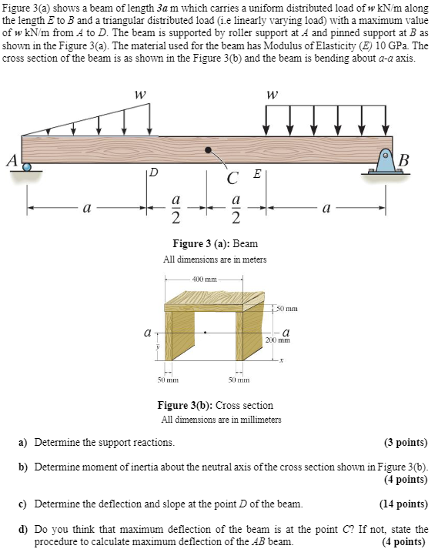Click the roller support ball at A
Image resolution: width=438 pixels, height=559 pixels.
pos(27,166)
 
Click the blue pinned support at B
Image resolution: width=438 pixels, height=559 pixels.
pos(386,162)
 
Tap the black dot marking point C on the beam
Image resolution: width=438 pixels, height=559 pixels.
pos(208,150)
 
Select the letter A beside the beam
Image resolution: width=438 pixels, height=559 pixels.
pos(12,160)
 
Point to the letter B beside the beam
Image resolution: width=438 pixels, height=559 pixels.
pos(403,161)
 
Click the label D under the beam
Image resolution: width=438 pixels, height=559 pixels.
pos(153,173)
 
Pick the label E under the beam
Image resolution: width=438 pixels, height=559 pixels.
pos(257,174)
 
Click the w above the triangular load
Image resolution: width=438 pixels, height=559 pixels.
pos(139,95)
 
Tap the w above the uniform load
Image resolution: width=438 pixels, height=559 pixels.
pos(272,95)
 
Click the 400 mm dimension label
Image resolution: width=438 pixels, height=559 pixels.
pos(204,279)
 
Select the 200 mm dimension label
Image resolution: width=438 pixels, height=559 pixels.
pos(278,340)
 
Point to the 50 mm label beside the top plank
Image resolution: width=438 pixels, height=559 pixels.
pos(287,309)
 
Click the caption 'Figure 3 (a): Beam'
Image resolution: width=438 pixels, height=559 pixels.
pos(216,243)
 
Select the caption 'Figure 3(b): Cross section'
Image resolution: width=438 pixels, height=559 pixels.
pos(216,405)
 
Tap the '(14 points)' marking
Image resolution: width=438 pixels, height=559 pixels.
pos(404,504)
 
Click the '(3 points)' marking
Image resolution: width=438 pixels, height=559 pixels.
pos(406,443)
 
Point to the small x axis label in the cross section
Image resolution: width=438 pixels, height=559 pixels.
pos(281,360)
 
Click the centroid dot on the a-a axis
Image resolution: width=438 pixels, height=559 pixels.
pos(205,333)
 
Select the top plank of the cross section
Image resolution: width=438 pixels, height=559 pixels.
pos(214,302)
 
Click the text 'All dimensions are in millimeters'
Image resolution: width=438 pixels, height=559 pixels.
pos(222,419)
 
